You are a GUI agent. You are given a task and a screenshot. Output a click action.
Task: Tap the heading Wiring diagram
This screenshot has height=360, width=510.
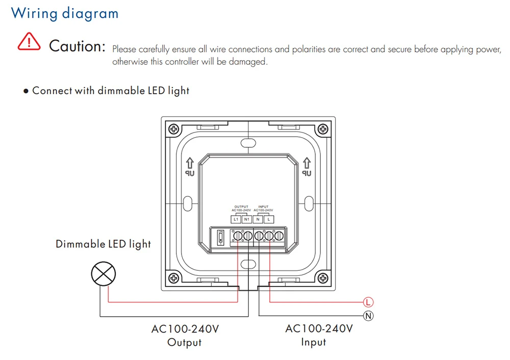[65, 13]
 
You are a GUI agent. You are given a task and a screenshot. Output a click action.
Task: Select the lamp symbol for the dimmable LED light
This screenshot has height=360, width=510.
[104, 275]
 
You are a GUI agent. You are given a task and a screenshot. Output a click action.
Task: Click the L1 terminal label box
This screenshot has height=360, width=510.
[236, 219]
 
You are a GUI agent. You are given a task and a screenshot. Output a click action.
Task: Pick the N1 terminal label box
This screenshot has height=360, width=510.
[247, 219]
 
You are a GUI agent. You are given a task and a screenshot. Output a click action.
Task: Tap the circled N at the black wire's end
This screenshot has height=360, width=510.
[368, 316]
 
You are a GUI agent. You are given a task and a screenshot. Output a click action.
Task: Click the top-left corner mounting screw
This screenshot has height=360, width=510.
[174, 129]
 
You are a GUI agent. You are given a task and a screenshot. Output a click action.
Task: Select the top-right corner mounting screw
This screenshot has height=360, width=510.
[322, 129]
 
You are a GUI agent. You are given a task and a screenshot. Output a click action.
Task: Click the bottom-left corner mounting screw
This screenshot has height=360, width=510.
[174, 278]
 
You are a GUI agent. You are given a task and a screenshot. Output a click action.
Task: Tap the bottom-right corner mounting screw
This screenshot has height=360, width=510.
[322, 278]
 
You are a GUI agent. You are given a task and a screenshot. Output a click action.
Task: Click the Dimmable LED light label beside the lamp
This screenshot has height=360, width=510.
[104, 244]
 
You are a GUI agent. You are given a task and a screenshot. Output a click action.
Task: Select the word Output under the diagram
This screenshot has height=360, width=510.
[185, 343]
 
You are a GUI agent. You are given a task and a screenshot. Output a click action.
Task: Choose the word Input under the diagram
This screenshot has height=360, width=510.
[313, 342]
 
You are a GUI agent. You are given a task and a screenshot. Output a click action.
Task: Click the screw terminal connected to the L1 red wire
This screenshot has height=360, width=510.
[237, 237]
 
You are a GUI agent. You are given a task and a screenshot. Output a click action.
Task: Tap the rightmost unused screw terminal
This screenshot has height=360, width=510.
[279, 237]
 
